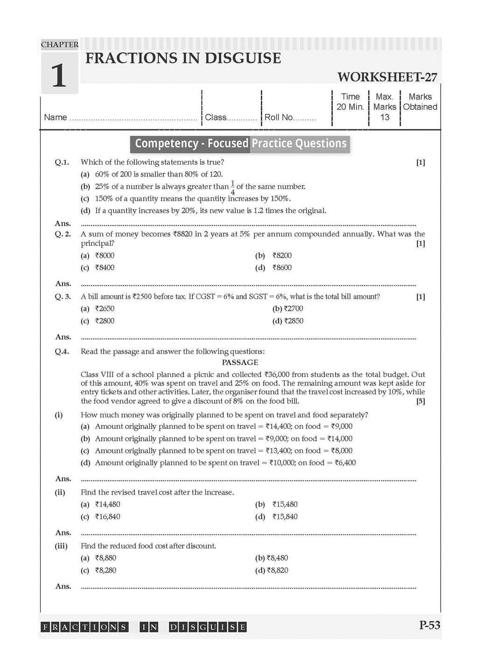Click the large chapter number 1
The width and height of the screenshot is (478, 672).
(x=59, y=76)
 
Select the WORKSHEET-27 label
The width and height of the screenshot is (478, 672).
(x=387, y=77)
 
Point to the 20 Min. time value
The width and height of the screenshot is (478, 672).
(x=350, y=107)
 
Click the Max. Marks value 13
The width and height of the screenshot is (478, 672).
(x=385, y=117)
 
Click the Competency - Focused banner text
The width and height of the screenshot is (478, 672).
(x=191, y=143)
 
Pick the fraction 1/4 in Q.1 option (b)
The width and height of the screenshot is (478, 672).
(x=232, y=187)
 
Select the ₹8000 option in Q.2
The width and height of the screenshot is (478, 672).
(x=105, y=256)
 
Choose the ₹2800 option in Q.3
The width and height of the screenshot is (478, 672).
(x=105, y=321)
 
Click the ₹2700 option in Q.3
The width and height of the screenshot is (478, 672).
(x=288, y=309)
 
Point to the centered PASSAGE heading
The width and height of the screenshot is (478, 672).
(x=240, y=363)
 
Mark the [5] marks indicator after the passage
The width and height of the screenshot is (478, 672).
(x=421, y=401)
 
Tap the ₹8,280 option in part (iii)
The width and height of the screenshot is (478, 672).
(x=105, y=570)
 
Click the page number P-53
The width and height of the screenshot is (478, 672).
(x=429, y=625)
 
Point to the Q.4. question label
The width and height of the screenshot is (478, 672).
(x=62, y=352)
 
